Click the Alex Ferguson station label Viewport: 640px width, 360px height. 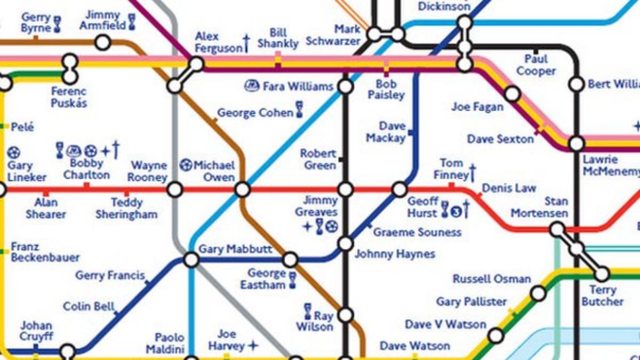point(217,42)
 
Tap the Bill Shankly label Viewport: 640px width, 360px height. point(278,37)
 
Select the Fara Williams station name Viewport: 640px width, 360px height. point(297,86)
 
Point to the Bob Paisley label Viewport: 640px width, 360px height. point(386,89)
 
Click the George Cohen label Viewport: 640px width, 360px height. point(254,113)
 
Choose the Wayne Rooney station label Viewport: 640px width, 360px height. point(147,171)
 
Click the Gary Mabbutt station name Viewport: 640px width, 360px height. point(235,249)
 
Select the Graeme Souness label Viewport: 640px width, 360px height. point(417,232)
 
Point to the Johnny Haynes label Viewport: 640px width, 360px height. point(394,254)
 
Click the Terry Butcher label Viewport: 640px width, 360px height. point(602,296)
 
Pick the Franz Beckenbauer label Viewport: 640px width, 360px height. point(45,252)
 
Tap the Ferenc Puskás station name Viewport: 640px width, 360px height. point(69,97)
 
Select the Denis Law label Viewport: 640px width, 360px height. point(509,188)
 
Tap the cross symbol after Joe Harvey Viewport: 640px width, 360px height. point(252,345)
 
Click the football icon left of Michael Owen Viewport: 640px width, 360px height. point(186,166)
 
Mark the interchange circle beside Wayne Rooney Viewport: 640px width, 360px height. point(175,189)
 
